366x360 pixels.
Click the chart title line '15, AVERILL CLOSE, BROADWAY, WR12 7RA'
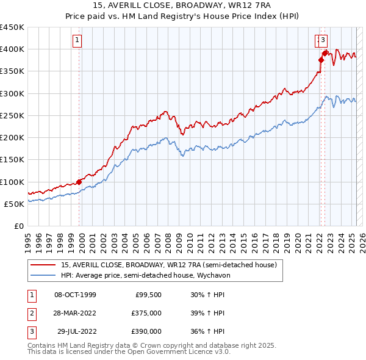182,6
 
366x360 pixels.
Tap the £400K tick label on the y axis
12,49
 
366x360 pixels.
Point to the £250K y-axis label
12,115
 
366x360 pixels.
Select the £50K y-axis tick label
15,204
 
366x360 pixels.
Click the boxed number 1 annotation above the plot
78,41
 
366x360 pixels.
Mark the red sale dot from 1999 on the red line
79,181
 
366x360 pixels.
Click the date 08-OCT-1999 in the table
75,295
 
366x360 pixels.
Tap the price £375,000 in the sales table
146,313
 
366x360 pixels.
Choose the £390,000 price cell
146,331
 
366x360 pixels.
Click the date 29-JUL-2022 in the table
76,331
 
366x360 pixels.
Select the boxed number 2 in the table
31,313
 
